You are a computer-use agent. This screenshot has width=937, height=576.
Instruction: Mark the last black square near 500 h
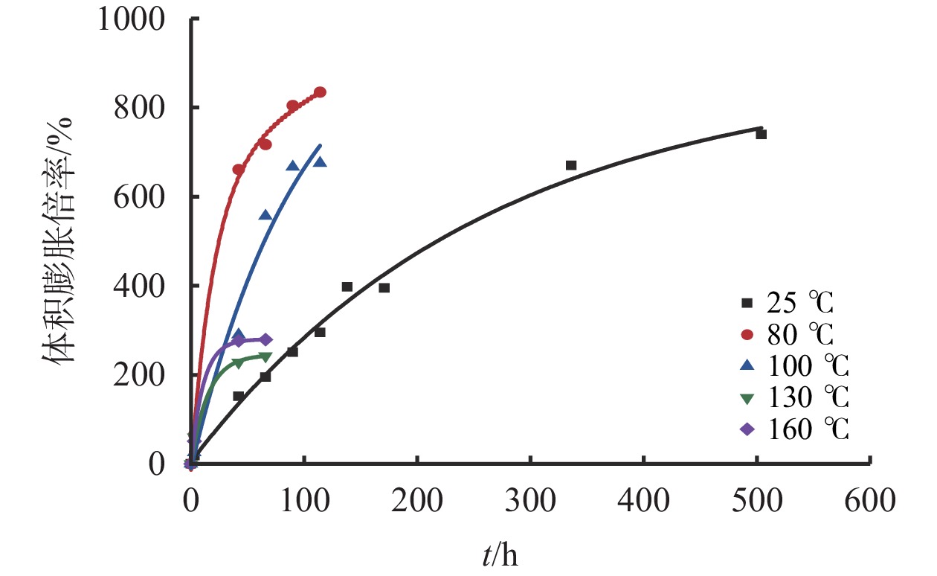click(x=761, y=134)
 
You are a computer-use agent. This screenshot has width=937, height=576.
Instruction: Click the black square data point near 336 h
click(x=571, y=165)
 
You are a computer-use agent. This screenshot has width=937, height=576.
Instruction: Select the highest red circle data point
click(x=320, y=92)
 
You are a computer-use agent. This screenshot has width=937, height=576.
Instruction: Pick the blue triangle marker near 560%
click(x=265, y=215)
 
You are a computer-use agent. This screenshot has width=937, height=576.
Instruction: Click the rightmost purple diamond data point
click(x=266, y=340)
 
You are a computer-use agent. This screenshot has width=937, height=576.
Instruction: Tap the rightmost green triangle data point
click(x=265, y=357)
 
